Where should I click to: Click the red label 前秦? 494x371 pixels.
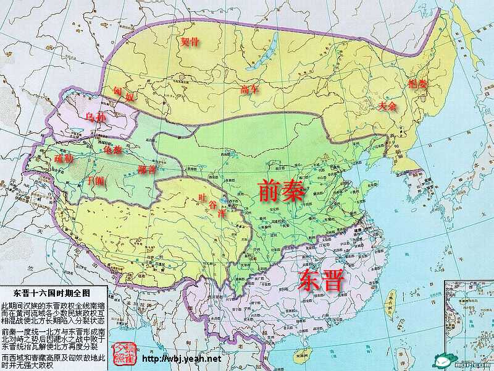coord(281,190)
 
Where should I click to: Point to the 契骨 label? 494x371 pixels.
coord(190,42)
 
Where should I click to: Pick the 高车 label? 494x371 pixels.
coord(249,90)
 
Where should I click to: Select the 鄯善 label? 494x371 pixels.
coord(147,169)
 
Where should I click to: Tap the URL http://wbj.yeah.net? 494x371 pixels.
coord(182,358)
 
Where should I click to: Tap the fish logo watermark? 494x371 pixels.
coord(442,360)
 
